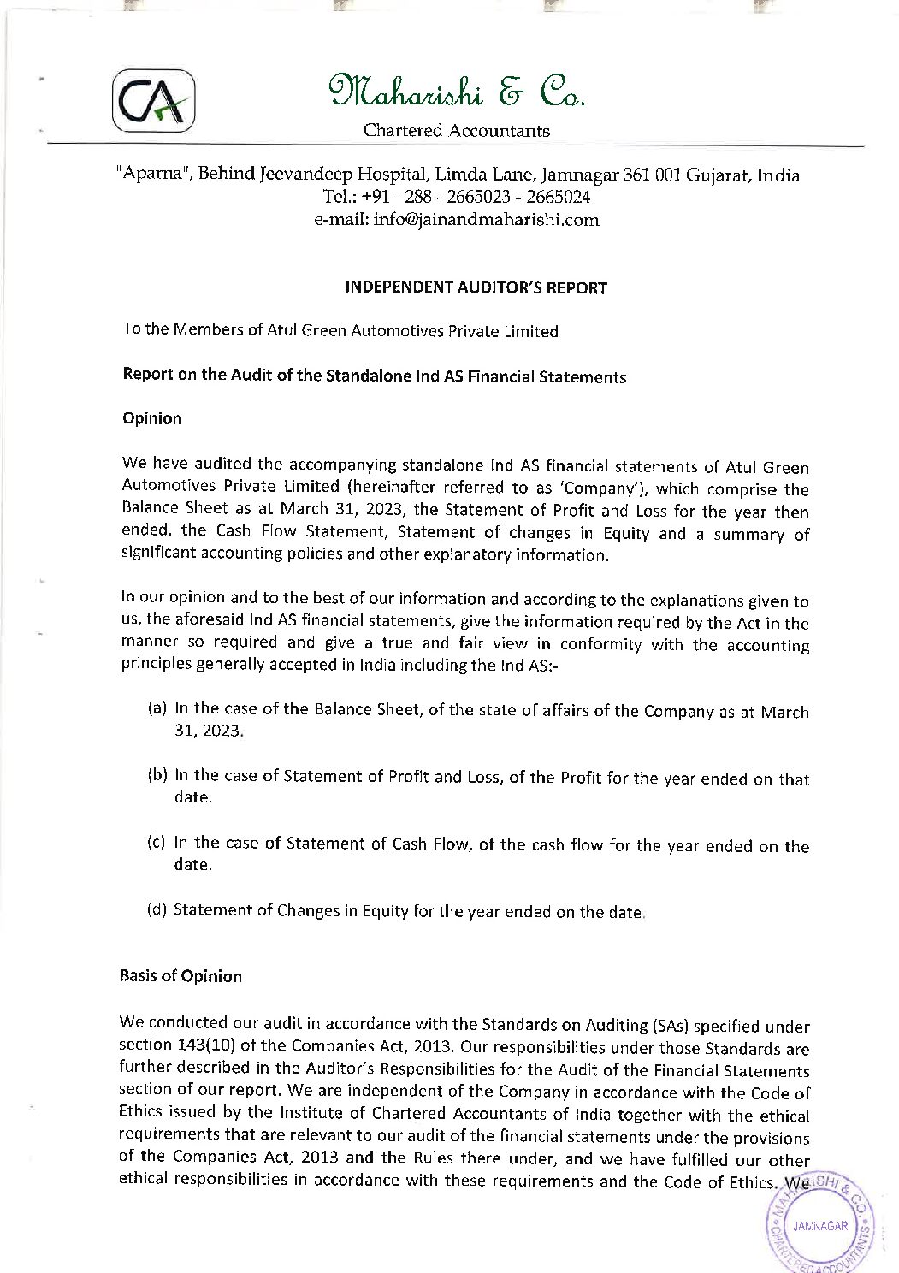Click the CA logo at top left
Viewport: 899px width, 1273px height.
[153, 99]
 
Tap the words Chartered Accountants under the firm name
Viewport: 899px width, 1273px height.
[456, 131]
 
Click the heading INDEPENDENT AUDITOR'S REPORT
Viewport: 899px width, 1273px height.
[476, 288]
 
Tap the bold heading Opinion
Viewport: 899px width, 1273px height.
[152, 418]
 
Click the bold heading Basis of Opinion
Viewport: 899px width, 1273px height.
[181, 976]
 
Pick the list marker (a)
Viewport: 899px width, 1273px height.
[157, 708]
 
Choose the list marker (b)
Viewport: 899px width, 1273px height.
[157, 776]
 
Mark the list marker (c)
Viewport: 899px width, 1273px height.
[157, 843]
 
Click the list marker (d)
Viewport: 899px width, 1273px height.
[157, 909]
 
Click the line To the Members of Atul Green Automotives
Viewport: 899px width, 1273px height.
[340, 331]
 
